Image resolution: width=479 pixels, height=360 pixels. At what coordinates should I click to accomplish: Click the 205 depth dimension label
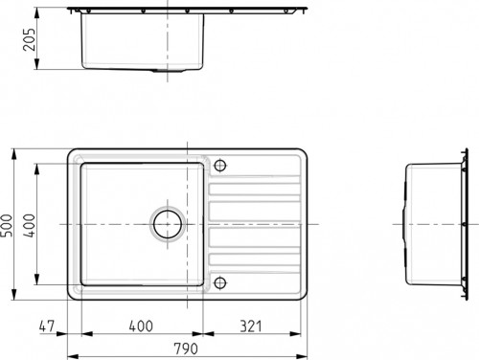click(x=29, y=39)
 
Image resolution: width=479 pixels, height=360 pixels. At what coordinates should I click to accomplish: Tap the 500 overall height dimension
click(x=6, y=225)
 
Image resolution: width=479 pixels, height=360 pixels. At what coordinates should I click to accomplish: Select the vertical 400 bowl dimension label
click(x=30, y=225)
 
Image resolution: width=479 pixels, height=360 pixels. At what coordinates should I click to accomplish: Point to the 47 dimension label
click(x=47, y=326)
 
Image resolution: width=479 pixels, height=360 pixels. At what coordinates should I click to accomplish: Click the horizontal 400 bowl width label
click(x=141, y=326)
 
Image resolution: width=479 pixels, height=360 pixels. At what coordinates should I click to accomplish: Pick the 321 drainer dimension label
click(x=251, y=326)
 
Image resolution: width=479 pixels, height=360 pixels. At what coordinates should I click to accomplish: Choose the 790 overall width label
click(x=186, y=349)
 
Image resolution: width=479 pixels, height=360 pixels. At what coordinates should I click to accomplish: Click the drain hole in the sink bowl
click(x=168, y=224)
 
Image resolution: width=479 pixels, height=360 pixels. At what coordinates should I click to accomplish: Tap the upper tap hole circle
click(x=220, y=166)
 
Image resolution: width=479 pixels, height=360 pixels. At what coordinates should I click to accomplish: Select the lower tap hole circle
click(x=220, y=282)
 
